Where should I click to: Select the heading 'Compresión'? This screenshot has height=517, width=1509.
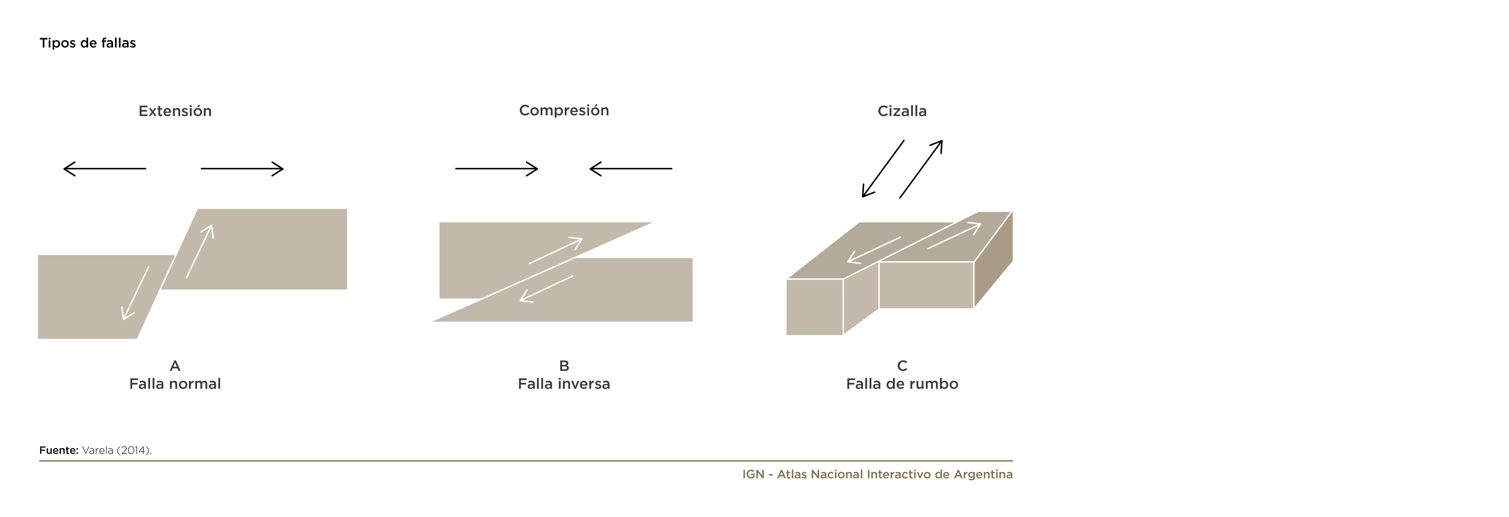click(564, 111)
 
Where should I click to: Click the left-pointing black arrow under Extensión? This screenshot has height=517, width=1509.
click(104, 169)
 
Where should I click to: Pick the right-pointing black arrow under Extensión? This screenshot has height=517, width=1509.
click(242, 169)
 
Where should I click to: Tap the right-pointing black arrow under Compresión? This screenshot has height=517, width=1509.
click(497, 169)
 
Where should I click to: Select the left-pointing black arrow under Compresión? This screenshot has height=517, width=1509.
click(631, 169)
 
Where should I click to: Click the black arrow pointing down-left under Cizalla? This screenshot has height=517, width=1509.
click(883, 169)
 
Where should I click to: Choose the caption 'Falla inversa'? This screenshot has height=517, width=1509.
click(564, 384)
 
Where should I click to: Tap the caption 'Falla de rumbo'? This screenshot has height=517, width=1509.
click(902, 384)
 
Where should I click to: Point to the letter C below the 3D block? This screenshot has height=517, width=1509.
click(902, 366)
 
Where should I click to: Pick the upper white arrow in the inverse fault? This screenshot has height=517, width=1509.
click(555, 251)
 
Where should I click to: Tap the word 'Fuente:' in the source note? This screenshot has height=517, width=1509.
click(59, 450)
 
